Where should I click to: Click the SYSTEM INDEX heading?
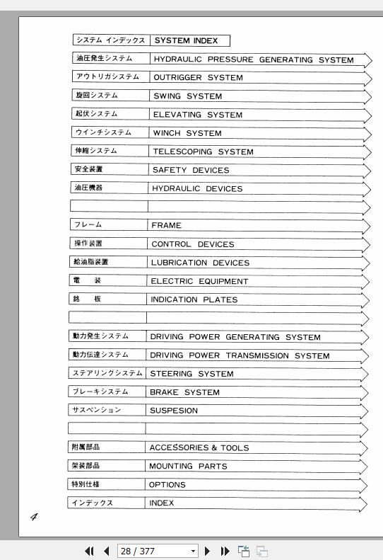186,41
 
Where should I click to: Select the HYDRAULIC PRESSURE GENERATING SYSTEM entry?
254,60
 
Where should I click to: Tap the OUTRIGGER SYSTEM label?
198,78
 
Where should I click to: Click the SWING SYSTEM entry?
187,96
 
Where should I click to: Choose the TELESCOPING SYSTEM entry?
203,152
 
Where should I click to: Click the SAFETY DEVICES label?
191,170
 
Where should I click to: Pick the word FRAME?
166,225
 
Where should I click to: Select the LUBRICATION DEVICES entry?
200,263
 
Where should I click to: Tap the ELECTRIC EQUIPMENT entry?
199,281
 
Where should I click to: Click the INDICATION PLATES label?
194,299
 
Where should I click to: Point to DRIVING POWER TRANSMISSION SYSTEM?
240,355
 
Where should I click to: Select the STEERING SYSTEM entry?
191,374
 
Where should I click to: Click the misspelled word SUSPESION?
174,411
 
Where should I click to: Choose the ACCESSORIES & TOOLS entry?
199,447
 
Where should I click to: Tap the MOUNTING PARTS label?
188,466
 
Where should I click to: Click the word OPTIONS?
167,485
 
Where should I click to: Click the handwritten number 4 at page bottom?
33,517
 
